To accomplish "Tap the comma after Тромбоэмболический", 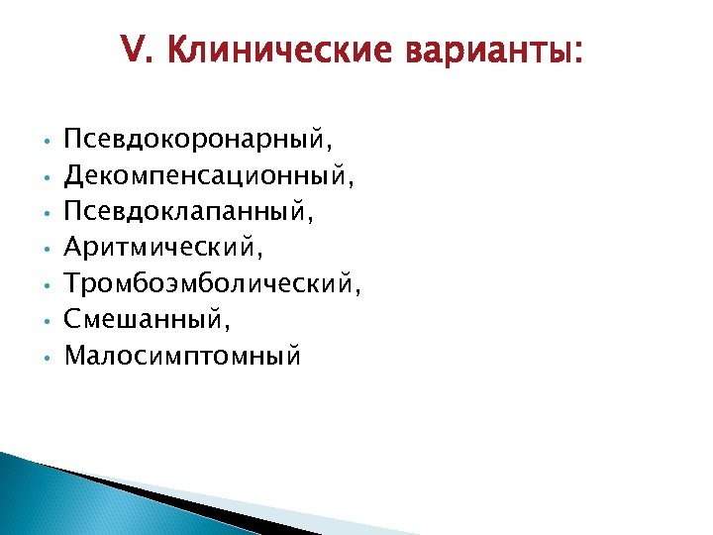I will [357, 294].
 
